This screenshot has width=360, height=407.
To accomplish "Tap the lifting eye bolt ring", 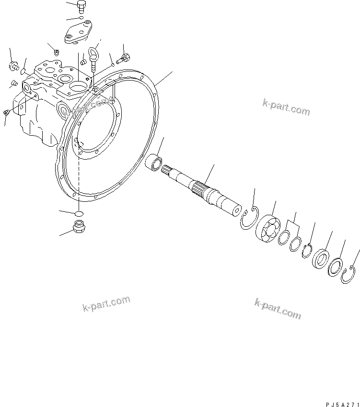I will [93, 52].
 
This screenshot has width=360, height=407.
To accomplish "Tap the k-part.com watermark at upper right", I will [286, 107].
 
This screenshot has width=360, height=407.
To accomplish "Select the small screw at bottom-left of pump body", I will [7, 113].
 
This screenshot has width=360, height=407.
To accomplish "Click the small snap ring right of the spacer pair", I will [307, 250].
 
